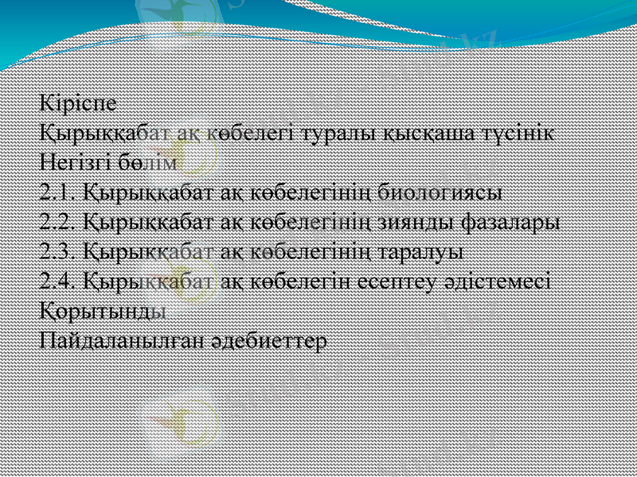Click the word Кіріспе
[78, 103]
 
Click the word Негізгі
[75, 162]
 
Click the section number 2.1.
[58, 192]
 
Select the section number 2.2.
[58, 222]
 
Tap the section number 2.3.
[58, 251]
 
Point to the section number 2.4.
[58, 281]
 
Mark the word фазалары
[516, 222]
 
